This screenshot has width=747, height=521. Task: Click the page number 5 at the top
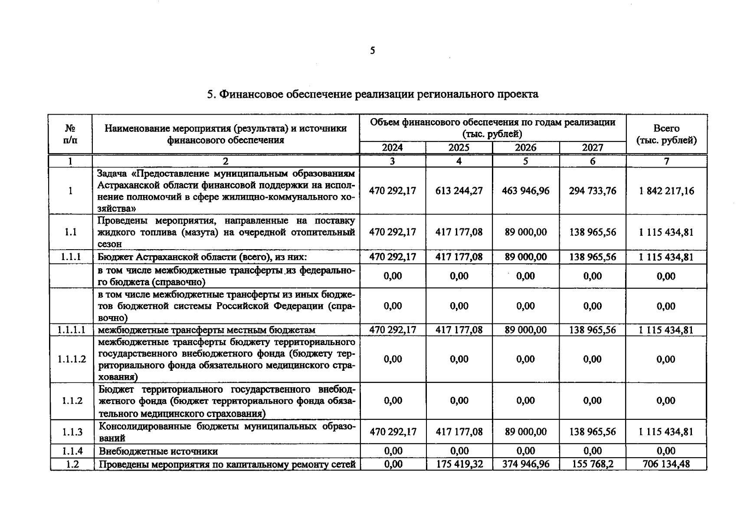(x=373, y=51)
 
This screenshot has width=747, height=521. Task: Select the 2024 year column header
(x=392, y=148)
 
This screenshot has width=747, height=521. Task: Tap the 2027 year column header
(x=592, y=148)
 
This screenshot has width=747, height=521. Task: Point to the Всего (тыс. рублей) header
(x=666, y=134)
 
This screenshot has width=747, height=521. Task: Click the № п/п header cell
(x=70, y=134)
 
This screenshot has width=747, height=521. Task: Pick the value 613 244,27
(x=459, y=191)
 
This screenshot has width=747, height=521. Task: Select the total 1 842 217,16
(x=666, y=191)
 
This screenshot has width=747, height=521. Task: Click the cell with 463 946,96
(x=526, y=191)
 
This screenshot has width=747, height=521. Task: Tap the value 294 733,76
(x=592, y=191)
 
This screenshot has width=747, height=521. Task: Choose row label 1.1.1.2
(x=72, y=359)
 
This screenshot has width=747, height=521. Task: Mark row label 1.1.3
(x=72, y=432)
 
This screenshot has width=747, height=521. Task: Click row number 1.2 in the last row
(x=72, y=464)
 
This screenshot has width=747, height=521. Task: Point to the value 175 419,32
(x=459, y=464)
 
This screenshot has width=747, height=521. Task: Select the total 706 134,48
(x=666, y=464)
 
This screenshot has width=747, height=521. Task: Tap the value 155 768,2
(x=592, y=464)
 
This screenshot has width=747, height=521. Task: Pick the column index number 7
(x=666, y=161)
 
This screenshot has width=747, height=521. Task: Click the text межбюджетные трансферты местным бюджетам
(x=206, y=330)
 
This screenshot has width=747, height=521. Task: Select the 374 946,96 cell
(x=526, y=464)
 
